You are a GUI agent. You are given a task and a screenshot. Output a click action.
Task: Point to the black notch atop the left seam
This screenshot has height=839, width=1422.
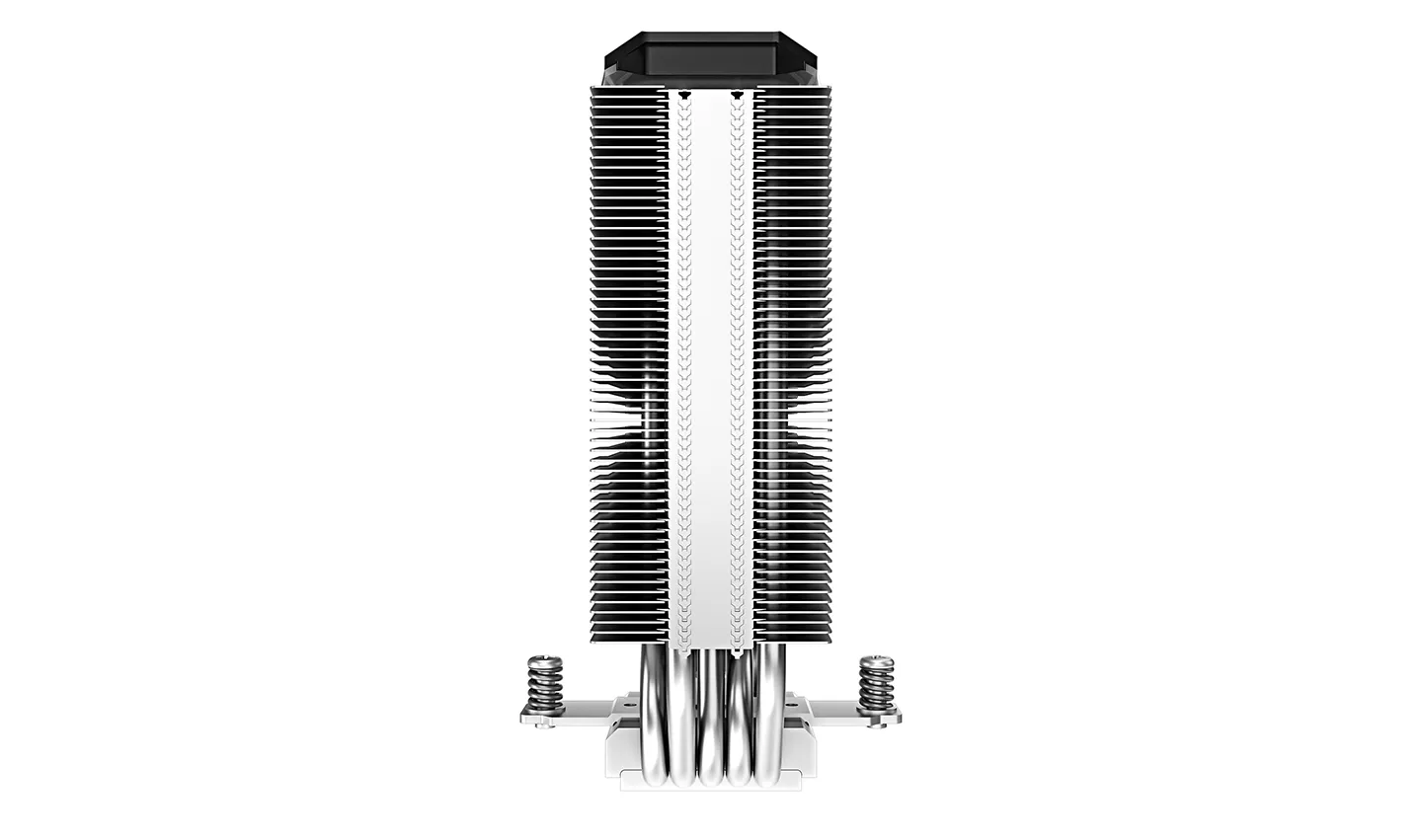[683, 95]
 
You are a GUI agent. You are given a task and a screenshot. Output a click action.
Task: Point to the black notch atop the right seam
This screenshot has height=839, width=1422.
[739, 95]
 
